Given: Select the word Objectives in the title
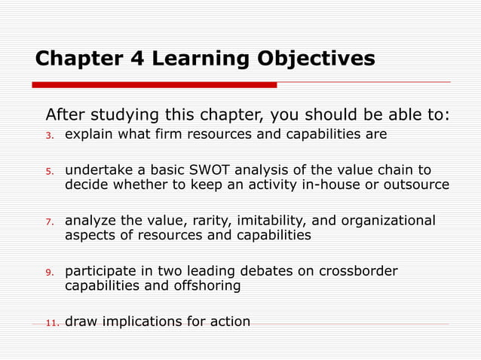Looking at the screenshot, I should point(317,59).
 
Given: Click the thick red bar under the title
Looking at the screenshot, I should point(155,85).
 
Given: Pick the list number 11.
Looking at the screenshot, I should point(51,322).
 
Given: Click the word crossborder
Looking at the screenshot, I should point(359,271).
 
